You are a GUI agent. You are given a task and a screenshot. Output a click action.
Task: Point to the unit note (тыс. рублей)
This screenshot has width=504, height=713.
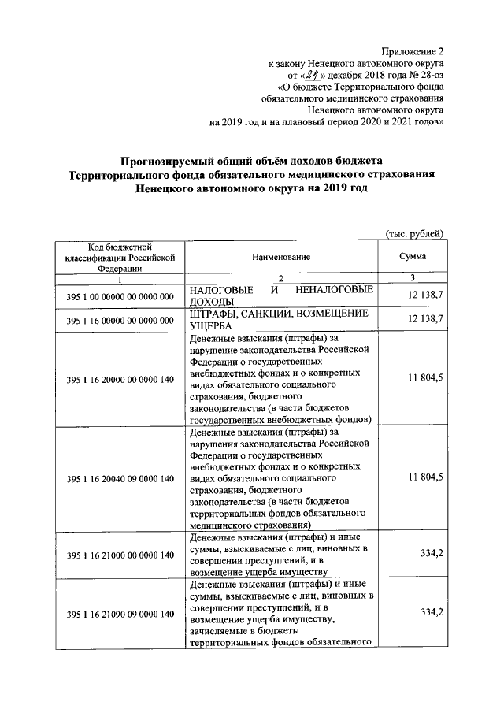click(x=415, y=233)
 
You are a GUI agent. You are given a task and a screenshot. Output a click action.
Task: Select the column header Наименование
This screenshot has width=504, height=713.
click(x=281, y=258)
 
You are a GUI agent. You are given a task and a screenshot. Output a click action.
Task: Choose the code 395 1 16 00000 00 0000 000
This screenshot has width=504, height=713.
click(x=120, y=321)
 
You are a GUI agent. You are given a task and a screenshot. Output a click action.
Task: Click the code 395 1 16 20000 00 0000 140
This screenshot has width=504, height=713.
click(x=120, y=380)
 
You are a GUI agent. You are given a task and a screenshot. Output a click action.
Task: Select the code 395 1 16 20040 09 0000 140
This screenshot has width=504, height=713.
click(x=120, y=478)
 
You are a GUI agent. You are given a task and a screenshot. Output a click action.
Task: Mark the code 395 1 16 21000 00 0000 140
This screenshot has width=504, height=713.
click(x=120, y=555)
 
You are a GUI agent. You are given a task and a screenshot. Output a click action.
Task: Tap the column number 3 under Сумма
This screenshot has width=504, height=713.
click(x=413, y=277)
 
